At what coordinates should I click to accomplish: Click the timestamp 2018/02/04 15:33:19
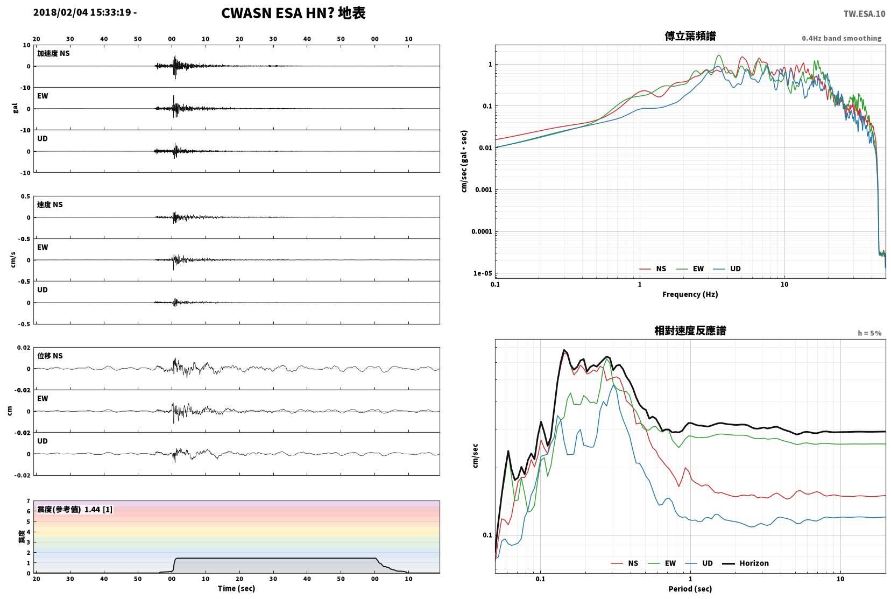[82, 12]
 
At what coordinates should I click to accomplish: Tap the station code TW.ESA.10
[864, 14]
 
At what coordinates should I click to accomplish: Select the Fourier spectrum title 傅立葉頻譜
[690, 36]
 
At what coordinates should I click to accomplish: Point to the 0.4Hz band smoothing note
[841, 39]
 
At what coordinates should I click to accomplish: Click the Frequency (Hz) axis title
[690, 294]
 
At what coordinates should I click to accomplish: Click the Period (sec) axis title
[690, 589]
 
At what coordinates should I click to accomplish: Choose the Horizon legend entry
[746, 563]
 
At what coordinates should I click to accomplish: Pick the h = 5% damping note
[869, 333]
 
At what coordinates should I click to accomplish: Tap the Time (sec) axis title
[236, 588]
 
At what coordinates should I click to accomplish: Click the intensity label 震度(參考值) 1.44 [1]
[75, 510]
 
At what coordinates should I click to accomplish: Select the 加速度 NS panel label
[53, 53]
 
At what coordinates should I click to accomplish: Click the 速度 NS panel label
[49, 205]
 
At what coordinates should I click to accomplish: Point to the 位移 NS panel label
[49, 356]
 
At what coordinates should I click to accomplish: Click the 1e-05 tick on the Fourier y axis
[483, 273]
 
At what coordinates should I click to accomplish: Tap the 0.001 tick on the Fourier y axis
[483, 190]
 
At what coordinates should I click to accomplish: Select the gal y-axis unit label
[15, 108]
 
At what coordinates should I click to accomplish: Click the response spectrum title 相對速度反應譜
[690, 330]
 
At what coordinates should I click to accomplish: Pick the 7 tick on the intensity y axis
[28, 501]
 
